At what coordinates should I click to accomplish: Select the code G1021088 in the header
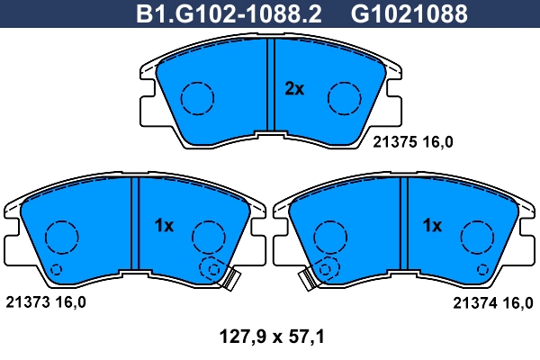coord(396,13)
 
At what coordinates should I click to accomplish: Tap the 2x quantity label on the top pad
coord(294,88)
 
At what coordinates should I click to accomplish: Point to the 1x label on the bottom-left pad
coord(163,227)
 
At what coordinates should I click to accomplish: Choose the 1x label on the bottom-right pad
coord(433,227)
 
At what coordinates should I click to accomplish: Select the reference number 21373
coord(24,303)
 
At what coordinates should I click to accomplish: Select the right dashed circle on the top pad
coord(344,97)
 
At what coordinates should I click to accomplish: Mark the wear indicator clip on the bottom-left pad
coord(230,281)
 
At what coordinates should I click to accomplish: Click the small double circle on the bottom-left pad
coord(212,267)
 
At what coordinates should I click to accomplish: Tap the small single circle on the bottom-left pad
coord(56,268)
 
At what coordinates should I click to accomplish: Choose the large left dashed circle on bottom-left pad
coord(61,237)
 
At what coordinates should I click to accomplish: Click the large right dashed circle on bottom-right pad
coord(477,237)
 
